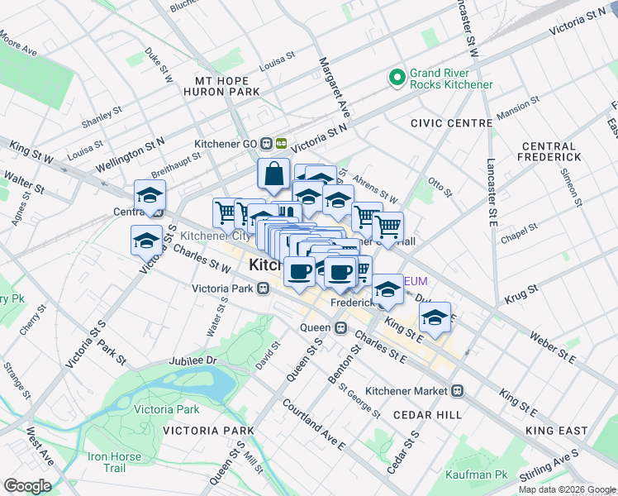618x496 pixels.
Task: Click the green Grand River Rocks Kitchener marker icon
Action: pyautogui.click(x=397, y=78)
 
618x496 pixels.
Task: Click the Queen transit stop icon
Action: pyautogui.click(x=340, y=327)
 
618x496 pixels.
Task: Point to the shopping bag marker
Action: pyautogui.click(x=273, y=174)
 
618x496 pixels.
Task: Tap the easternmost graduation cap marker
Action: pyautogui.click(x=435, y=317)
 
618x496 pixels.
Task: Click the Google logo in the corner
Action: pyautogui.click(x=27, y=486)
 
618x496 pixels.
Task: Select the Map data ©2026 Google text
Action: pyautogui.click(x=566, y=489)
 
